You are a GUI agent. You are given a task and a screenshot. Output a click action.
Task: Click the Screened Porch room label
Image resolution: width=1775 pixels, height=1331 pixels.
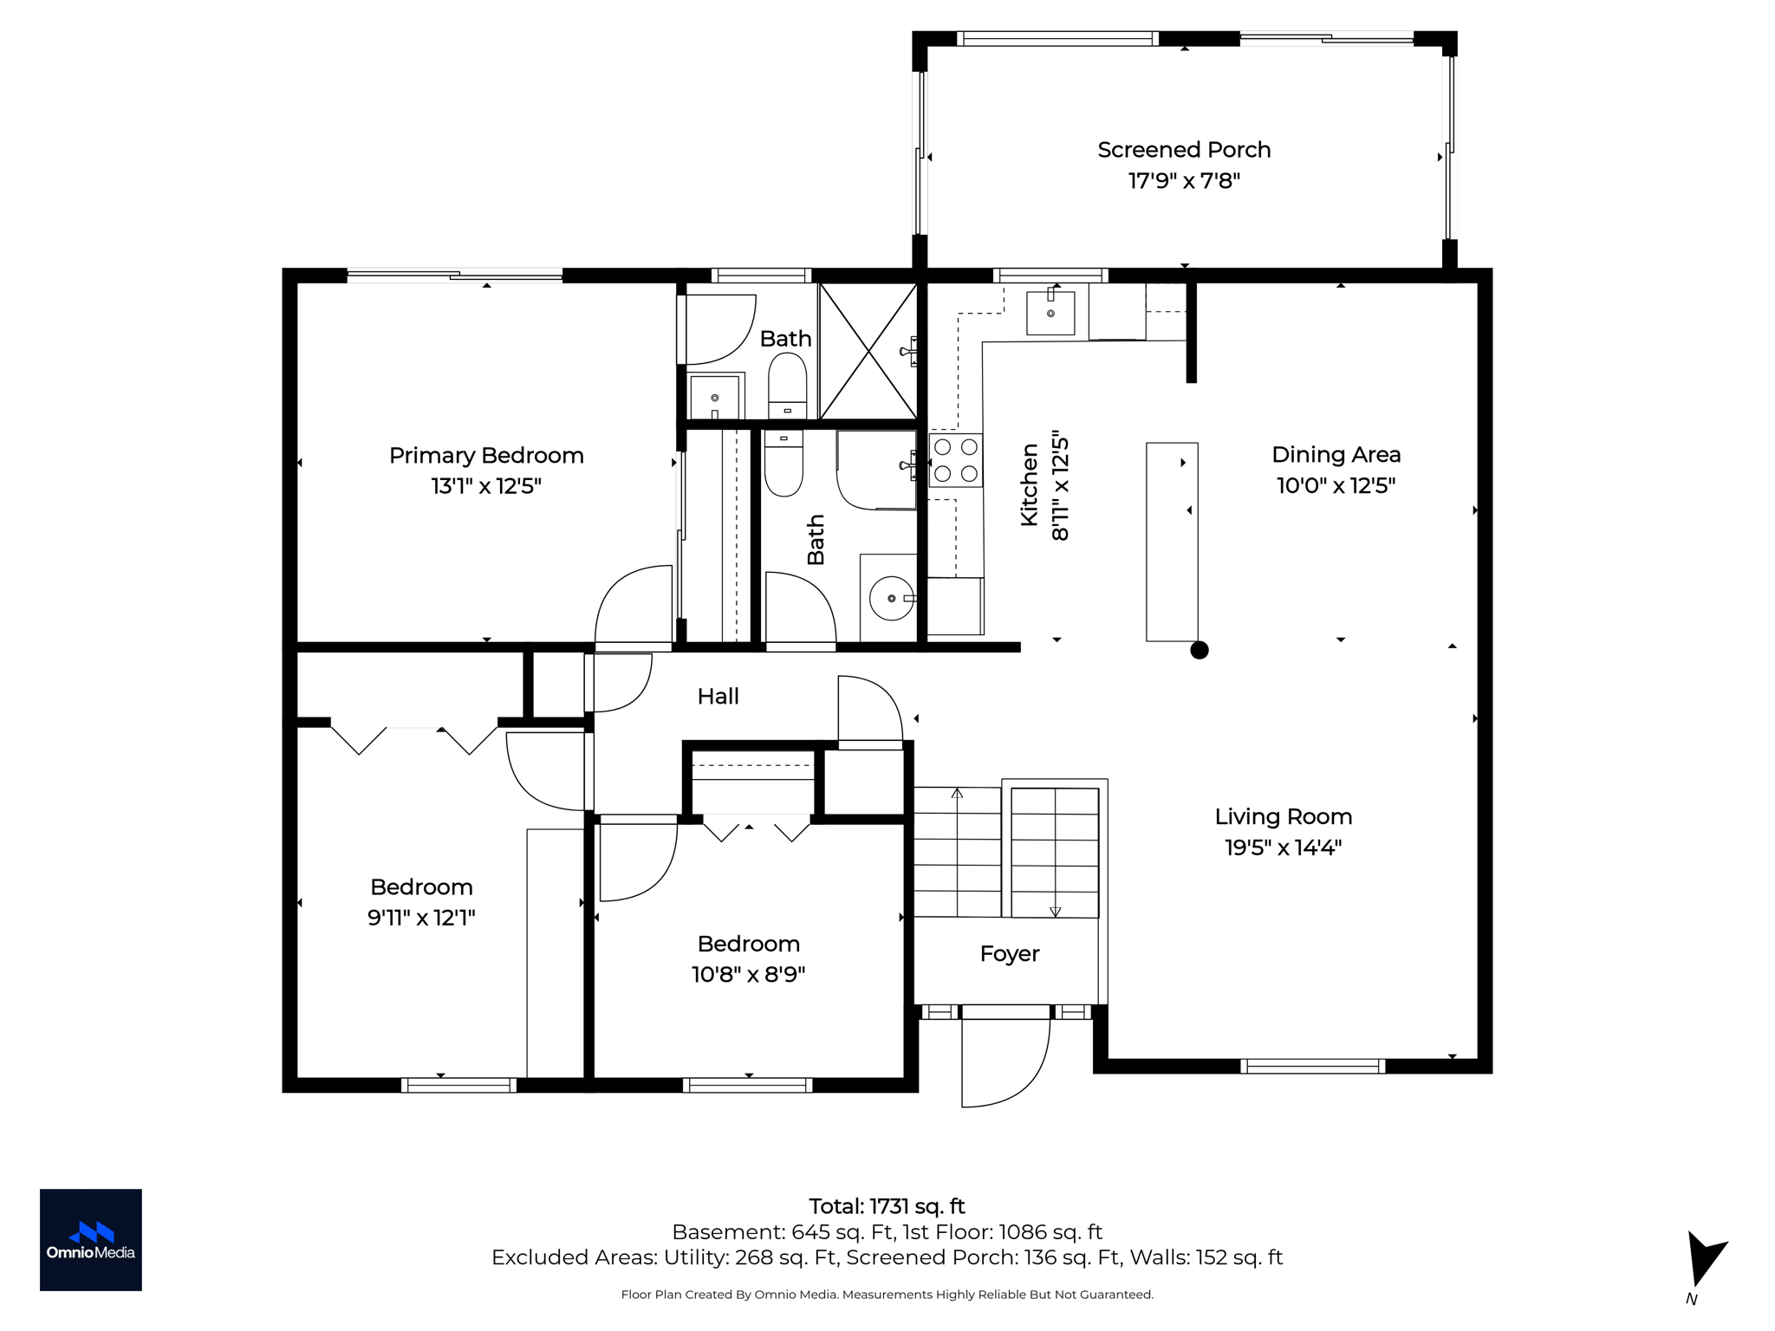point(1183,150)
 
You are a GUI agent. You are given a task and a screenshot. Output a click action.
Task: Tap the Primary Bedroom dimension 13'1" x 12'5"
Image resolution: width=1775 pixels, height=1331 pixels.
point(486,486)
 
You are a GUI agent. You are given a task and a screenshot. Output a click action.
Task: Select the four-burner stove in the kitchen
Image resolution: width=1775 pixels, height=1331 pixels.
point(955,460)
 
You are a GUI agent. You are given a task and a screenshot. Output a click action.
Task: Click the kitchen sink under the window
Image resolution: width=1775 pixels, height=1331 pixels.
point(1050,313)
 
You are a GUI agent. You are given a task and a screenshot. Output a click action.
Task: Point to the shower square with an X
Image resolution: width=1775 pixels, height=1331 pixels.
point(868,352)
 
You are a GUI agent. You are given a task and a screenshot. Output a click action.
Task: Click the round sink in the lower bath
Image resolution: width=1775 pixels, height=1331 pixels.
point(891,598)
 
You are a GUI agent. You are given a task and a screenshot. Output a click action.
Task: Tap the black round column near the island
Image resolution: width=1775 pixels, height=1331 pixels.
point(1199,650)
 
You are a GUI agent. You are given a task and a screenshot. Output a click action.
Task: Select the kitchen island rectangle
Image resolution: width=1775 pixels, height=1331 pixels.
point(1172,542)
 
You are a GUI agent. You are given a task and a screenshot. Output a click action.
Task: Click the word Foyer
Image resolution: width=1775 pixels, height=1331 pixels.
point(1009,954)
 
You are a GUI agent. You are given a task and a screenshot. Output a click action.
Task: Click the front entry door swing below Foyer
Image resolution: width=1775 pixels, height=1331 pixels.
point(1005,1062)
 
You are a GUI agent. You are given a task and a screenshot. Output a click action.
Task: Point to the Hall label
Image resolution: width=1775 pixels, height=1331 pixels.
point(718,697)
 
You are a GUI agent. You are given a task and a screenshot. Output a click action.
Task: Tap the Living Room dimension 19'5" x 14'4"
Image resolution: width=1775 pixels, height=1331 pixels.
point(1283,847)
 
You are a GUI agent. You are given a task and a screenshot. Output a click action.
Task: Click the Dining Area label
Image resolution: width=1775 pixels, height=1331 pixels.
point(1336,455)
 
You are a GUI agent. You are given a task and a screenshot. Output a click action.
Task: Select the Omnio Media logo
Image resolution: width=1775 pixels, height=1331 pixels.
point(91,1239)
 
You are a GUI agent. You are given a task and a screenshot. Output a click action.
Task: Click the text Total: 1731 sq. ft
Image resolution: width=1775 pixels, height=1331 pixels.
point(887,1206)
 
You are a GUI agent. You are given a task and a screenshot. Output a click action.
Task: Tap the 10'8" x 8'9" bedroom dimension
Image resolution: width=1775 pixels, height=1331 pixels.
point(748,975)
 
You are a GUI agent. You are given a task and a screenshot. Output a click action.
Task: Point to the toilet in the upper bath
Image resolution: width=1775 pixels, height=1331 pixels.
point(787,386)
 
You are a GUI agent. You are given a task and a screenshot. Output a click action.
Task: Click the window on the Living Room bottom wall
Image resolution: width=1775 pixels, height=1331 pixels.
point(1312,1066)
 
